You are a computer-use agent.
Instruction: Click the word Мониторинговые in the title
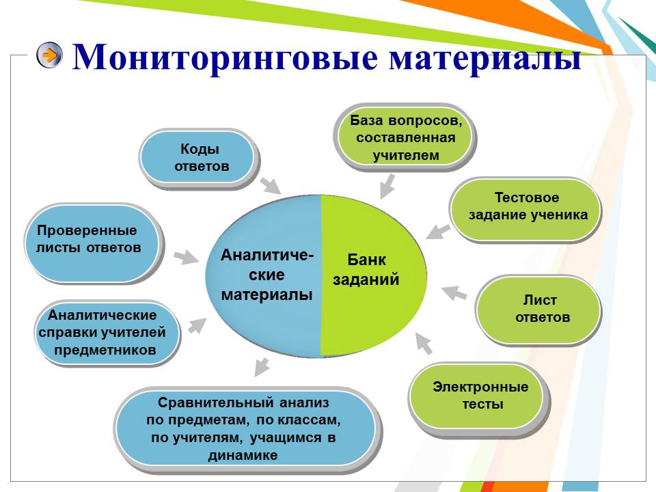coord(225,57)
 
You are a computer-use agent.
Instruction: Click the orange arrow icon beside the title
coord(49,55)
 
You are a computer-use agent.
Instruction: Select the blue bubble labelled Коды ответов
coord(199,158)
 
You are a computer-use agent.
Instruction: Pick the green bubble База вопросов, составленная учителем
coord(405,137)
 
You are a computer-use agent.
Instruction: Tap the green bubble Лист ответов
coord(539,310)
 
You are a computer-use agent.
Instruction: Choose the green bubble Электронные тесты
coord(479,396)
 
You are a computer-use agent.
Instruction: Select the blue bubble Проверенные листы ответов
coord(93,243)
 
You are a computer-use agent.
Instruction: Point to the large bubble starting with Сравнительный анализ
coord(247,430)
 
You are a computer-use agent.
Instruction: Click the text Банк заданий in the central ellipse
coord(366,270)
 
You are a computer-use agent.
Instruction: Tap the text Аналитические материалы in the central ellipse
coord(267,275)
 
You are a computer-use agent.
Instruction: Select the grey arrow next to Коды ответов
coord(270,184)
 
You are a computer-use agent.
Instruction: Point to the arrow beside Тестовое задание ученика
coord(438,232)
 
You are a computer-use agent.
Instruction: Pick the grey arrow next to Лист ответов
coord(454,292)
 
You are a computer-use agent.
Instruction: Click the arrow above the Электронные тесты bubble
coord(424,344)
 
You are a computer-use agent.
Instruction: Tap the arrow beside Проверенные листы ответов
coord(186,258)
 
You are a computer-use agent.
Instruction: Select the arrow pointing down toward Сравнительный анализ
coord(262,366)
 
